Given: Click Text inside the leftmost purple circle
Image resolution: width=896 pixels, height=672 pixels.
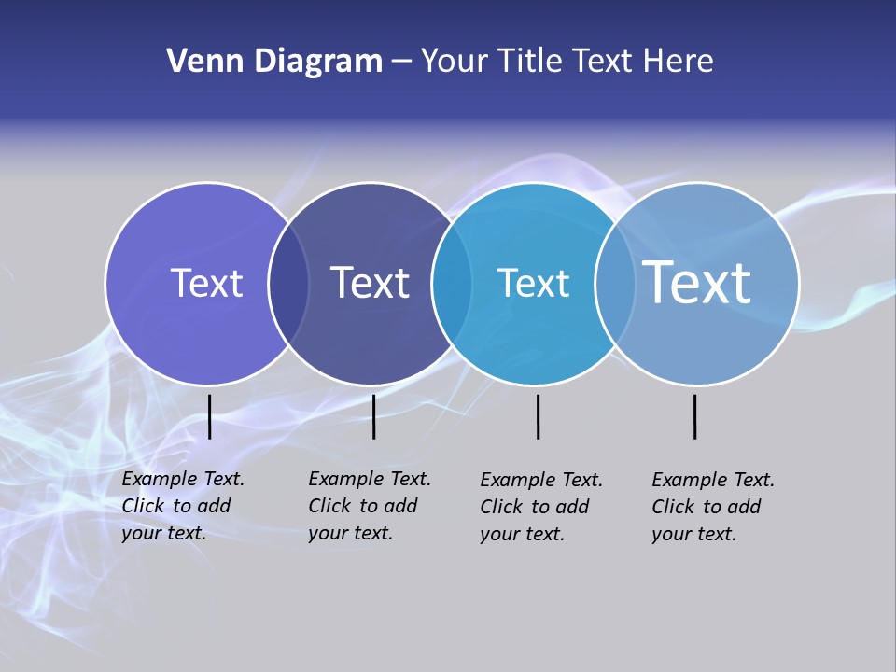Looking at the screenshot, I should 206,283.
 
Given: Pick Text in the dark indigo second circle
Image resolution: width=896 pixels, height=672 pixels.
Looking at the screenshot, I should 370,283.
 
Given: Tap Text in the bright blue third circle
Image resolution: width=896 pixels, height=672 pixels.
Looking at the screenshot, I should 533,283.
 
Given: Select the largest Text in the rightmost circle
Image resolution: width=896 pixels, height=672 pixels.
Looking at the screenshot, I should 696,282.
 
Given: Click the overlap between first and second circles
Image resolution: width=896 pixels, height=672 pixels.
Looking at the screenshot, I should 288,284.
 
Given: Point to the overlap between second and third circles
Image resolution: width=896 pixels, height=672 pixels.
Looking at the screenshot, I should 452,284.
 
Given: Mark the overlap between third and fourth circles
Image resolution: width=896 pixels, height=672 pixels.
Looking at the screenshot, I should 615,284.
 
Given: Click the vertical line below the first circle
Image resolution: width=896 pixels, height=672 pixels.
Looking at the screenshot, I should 210,416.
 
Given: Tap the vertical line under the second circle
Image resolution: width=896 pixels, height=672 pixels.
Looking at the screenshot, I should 373,416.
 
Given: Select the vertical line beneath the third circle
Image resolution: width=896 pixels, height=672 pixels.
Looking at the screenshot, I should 538,416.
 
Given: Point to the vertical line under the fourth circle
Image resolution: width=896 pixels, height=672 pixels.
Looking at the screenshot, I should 694,416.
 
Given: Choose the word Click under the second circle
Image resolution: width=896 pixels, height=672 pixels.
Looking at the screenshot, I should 329,506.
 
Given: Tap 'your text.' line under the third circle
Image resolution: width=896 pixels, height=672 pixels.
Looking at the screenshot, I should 523,534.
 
